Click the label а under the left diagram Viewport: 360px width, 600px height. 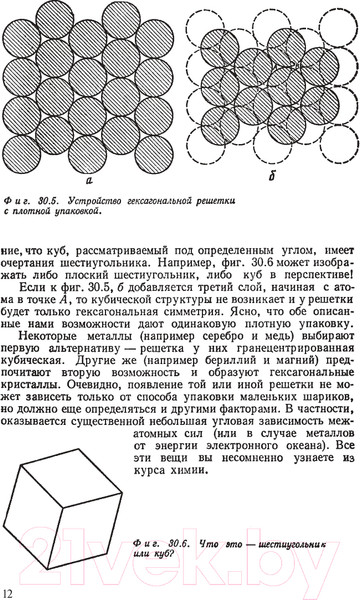(89, 182)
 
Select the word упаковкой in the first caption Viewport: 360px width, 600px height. (79, 212)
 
